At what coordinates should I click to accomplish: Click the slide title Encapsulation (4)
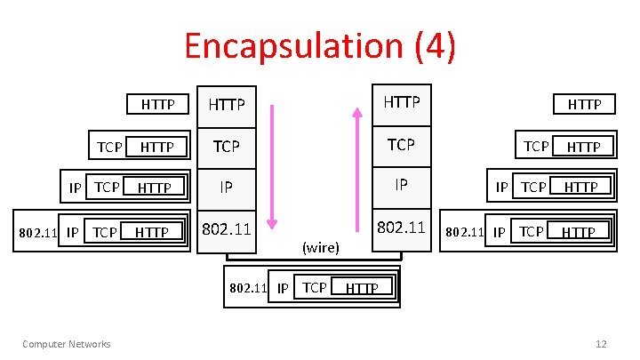[x=320, y=45]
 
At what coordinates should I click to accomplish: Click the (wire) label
[x=321, y=247]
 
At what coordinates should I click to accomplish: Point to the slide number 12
[x=601, y=344]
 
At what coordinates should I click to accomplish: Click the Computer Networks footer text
[x=67, y=344]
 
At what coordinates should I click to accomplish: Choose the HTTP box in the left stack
[x=227, y=105]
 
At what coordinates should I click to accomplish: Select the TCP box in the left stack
[x=227, y=146]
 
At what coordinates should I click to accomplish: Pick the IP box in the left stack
[x=227, y=187]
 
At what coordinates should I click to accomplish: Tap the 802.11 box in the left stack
[x=227, y=228]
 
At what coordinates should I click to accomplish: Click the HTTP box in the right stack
[x=401, y=102]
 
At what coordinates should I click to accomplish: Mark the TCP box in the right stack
[x=401, y=144]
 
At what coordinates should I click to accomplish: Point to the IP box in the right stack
[x=401, y=185]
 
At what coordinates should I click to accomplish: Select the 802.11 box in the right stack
[x=401, y=227]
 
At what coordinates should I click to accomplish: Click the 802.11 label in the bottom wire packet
[x=249, y=287]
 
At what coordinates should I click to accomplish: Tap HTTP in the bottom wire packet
[x=362, y=288]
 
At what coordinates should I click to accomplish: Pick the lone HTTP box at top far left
[x=158, y=104]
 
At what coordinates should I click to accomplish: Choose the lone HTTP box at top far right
[x=584, y=104]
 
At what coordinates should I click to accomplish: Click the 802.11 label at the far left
[x=38, y=233]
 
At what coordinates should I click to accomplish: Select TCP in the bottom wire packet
[x=315, y=286]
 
